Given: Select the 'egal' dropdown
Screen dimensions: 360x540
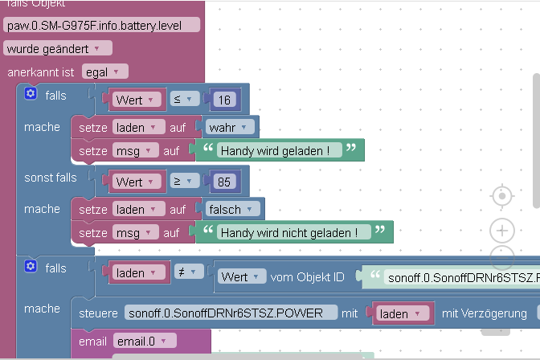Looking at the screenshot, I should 100,72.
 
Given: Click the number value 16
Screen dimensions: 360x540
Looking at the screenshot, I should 224,100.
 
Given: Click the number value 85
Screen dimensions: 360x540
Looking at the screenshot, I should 224,182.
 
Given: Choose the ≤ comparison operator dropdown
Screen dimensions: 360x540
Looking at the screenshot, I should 184,100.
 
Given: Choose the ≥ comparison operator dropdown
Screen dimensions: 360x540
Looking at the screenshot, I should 184,182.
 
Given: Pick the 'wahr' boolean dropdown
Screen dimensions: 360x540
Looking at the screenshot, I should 231,127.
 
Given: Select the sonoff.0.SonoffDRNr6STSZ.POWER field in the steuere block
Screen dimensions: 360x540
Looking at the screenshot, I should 231,313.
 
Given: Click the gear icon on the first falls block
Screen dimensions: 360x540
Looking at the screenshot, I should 31,94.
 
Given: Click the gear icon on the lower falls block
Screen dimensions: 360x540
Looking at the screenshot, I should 31,266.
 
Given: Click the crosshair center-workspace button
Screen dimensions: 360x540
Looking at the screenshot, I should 502,196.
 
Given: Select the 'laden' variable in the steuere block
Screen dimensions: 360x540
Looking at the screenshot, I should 401,313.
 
